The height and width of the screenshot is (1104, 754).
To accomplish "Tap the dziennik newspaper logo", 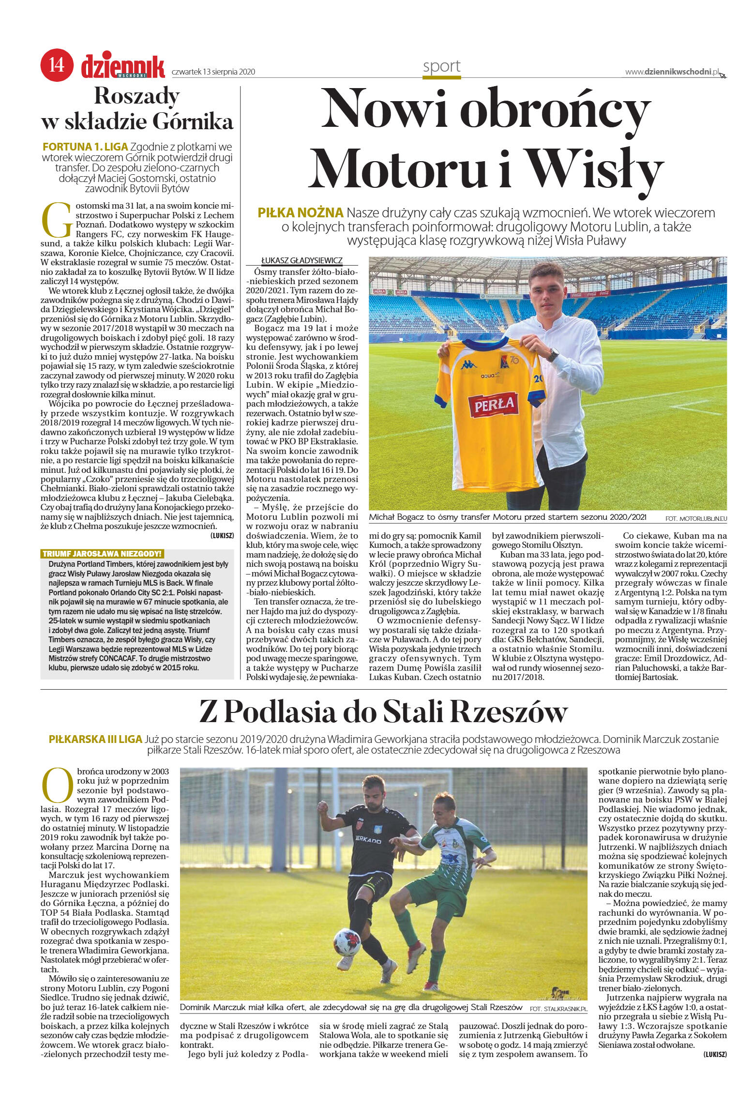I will point(123,66).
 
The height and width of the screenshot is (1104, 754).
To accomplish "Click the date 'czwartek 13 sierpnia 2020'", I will point(213,72).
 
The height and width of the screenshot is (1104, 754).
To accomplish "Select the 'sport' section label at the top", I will point(441,66).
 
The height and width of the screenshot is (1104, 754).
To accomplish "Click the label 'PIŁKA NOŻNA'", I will point(301,212).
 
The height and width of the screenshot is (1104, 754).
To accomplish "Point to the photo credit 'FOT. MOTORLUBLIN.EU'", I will point(695,518).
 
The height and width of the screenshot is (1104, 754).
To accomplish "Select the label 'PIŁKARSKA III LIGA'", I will point(96,740).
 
